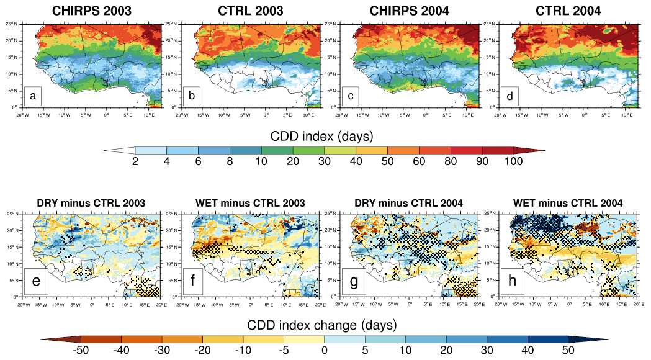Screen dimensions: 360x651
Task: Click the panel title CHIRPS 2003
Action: (x=91, y=11)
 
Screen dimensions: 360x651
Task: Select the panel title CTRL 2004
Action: (x=570, y=11)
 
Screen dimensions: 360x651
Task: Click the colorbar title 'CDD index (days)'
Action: (x=321, y=135)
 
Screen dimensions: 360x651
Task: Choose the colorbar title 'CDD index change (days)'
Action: (x=321, y=325)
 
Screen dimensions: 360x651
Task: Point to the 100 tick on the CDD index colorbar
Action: (x=513, y=163)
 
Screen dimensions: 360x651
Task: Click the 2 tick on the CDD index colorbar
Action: (x=135, y=163)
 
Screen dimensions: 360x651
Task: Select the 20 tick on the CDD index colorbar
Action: (x=292, y=163)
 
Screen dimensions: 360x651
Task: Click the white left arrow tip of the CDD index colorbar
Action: (x=118, y=150)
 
